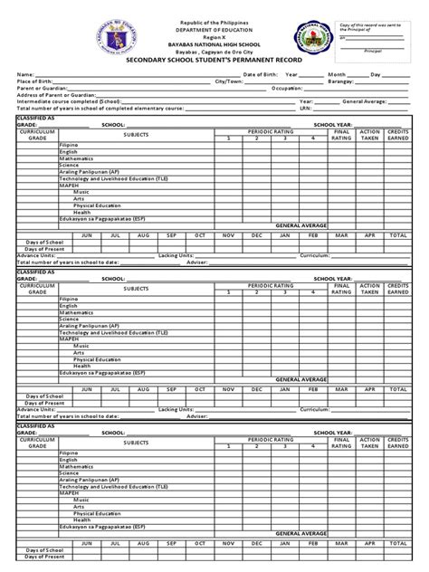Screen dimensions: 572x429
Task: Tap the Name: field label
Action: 24,73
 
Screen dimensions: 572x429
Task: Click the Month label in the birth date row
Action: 337,73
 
